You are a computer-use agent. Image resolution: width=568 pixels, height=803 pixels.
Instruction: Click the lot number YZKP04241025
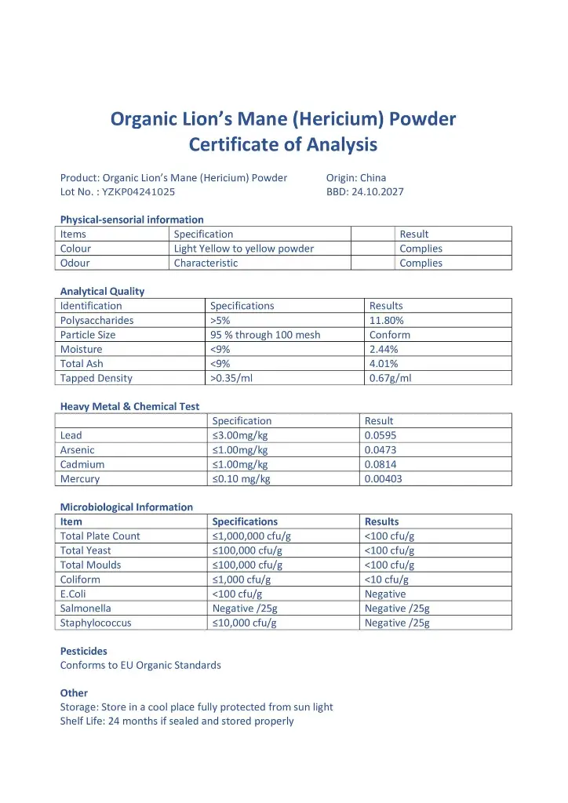click(138, 191)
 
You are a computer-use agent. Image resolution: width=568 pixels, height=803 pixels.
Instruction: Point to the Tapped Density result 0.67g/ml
click(390, 378)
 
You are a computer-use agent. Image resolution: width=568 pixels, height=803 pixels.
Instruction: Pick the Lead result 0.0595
click(381, 435)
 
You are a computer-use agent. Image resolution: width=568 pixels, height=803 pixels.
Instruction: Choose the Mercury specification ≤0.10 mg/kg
click(241, 478)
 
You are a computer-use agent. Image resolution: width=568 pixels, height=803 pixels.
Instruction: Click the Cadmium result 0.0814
click(381, 464)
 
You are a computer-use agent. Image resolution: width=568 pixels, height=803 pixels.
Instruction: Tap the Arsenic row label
click(77, 450)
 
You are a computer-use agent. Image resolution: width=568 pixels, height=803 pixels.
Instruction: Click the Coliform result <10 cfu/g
click(387, 580)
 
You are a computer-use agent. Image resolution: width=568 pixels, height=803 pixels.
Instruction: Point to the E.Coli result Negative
click(385, 594)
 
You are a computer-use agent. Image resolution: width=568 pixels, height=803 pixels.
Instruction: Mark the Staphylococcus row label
click(96, 623)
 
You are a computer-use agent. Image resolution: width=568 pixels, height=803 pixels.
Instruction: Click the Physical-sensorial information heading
click(132, 220)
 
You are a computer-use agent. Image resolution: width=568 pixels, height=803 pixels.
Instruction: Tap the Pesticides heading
click(84, 651)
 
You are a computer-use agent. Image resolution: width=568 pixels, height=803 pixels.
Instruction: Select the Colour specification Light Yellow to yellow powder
click(243, 249)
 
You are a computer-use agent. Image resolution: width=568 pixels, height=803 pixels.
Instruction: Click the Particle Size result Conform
click(390, 335)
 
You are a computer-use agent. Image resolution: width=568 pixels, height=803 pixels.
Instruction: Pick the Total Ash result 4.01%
click(384, 364)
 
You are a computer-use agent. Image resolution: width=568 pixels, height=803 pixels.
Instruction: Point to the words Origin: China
click(356, 177)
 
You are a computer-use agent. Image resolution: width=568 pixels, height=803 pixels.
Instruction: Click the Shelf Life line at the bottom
click(177, 721)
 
